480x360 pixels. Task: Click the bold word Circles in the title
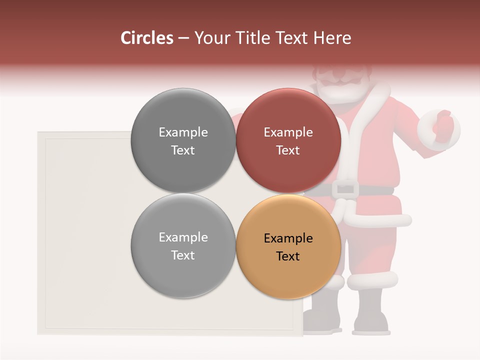[146, 38]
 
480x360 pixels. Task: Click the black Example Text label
[288, 247]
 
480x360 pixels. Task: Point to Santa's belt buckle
[345, 189]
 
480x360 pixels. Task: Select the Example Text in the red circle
[288, 141]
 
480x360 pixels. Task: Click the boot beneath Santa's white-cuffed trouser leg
[371, 312]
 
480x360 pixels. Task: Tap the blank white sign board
[85, 235]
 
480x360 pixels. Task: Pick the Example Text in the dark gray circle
[183, 141]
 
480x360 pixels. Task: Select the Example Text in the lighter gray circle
[183, 246]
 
